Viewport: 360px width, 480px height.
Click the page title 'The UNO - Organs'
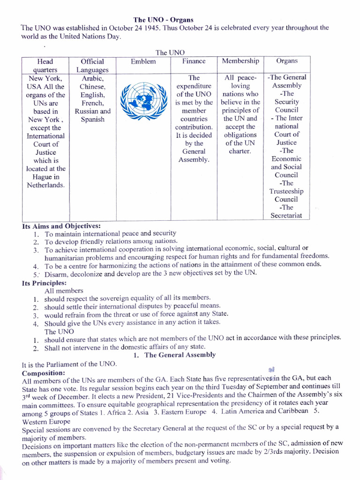click(x=164, y=20)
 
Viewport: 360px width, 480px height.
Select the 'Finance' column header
click(x=194, y=61)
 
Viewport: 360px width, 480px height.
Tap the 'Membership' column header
click(x=240, y=61)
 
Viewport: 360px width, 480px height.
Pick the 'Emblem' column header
click(x=143, y=61)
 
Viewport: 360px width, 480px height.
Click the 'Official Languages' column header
click(x=92, y=66)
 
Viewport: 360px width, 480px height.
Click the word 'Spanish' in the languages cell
click(x=92, y=120)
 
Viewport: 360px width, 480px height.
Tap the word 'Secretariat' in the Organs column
click(x=286, y=216)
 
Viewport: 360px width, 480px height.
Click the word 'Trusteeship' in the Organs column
click(x=286, y=191)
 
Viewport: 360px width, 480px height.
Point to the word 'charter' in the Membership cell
click(x=240, y=151)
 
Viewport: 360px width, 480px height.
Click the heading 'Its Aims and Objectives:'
click(x=61, y=225)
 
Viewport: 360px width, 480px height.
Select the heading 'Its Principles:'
click(x=44, y=283)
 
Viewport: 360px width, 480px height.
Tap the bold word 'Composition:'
click(x=44, y=373)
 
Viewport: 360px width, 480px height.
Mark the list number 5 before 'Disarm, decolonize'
click(x=35, y=274)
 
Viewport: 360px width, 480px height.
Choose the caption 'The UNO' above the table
click(x=170, y=52)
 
